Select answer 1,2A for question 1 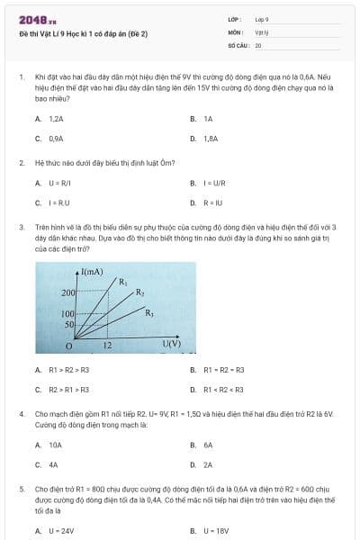(x=56, y=119)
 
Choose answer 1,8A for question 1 (x=211, y=139)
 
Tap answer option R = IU (x=211, y=202)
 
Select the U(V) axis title (x=172, y=343)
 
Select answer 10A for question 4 (x=55, y=445)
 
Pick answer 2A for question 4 (x=208, y=464)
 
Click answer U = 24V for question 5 (x=60, y=531)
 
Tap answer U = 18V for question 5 (x=216, y=531)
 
